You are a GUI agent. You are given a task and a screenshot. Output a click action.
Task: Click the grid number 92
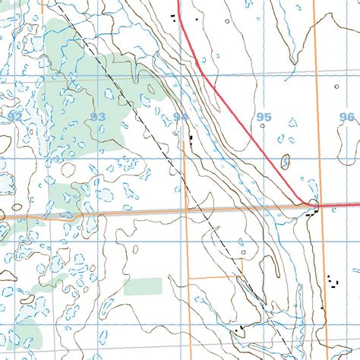point(16,116)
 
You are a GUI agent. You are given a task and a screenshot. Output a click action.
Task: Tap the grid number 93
point(97,116)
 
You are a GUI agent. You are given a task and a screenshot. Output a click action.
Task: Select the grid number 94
point(180,116)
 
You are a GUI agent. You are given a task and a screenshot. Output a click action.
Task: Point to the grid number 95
point(264,116)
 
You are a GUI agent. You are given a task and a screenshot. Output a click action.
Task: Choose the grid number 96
point(347,116)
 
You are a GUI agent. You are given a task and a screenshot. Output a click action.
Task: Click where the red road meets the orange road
point(312,204)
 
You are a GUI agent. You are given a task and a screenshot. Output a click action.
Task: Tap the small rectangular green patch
point(143,286)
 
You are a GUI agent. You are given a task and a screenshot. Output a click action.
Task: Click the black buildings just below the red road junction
point(309,216)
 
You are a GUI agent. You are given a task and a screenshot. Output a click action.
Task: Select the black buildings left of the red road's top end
point(174,17)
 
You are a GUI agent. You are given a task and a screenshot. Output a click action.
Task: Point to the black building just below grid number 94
point(191,138)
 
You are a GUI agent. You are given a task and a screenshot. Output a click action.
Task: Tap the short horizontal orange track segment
point(211,277)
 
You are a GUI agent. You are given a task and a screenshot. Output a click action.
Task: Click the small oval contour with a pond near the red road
point(286,161)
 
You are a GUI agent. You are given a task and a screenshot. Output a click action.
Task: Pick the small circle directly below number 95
point(263,126)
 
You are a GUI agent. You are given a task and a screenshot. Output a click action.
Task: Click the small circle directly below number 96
point(346,127)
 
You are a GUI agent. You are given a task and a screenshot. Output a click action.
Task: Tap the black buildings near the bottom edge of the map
point(242,328)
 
